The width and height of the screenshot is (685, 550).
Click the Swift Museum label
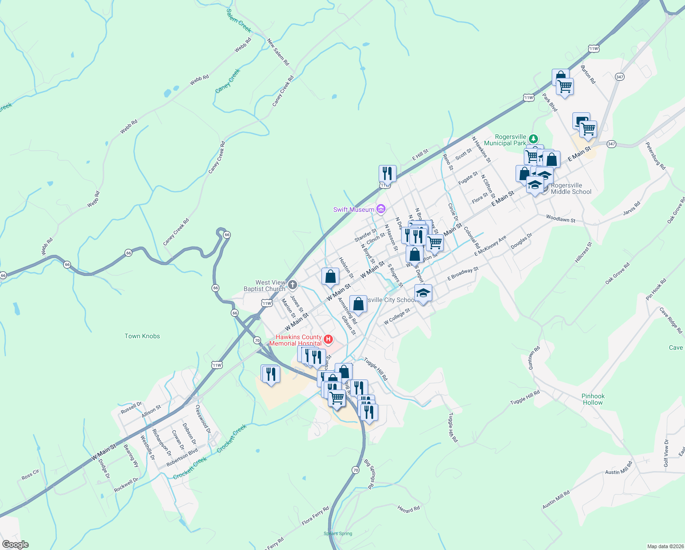click(x=353, y=209)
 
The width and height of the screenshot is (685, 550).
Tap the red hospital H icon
click(x=328, y=340)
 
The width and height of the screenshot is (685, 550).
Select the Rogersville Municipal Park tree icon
click(x=533, y=138)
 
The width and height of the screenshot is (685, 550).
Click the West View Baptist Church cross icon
click(x=293, y=285)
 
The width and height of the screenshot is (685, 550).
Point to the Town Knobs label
click(x=142, y=336)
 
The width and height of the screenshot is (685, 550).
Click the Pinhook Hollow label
click(x=593, y=399)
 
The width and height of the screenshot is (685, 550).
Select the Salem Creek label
click(x=239, y=21)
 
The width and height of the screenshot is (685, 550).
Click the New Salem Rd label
click(x=278, y=52)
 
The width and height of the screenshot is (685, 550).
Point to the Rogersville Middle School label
click(x=571, y=189)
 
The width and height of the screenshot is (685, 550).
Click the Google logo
click(x=15, y=544)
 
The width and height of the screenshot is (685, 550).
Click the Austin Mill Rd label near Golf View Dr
click(x=619, y=468)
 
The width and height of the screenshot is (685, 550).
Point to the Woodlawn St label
click(x=560, y=219)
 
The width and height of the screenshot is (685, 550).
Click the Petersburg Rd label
click(x=655, y=156)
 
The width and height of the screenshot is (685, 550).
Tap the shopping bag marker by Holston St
click(x=330, y=277)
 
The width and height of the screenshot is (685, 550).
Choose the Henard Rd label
click(x=408, y=509)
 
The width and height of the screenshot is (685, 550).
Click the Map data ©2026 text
click(x=664, y=546)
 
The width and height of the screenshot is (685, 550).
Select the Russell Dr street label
click(x=131, y=408)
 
